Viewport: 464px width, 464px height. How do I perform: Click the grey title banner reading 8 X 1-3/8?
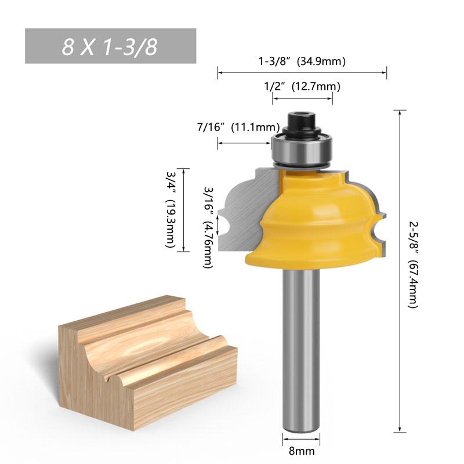click(x=110, y=46)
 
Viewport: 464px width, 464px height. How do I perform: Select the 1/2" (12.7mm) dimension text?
click(x=302, y=86)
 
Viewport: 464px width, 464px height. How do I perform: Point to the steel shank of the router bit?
click(x=302, y=348)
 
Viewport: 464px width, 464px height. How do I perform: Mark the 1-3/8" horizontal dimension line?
click(x=302, y=72)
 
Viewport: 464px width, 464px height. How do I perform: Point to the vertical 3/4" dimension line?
click(x=183, y=210)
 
